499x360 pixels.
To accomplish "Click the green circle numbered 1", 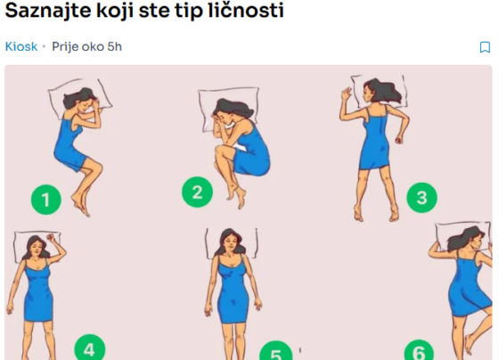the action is (x=46, y=200).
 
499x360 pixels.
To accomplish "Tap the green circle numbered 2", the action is (x=197, y=192).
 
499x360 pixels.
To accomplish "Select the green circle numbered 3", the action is (x=422, y=197).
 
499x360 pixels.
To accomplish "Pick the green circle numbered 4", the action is (x=90, y=348).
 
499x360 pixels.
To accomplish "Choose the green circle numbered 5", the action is (x=276, y=351).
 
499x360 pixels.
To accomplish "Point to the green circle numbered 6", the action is (x=419, y=350).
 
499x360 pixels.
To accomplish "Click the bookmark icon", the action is (x=485, y=47).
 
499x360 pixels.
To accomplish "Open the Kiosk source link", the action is (x=21, y=46).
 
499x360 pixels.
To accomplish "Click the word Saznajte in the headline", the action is (x=48, y=10).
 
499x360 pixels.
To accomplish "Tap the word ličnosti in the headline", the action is (x=245, y=10).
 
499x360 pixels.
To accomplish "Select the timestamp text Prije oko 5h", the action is (x=87, y=47).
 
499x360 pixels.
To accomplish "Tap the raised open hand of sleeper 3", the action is (x=346, y=94).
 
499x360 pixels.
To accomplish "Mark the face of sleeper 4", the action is (x=37, y=248).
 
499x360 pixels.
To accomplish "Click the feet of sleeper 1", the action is (x=81, y=204).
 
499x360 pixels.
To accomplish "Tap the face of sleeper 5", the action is (x=231, y=243).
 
